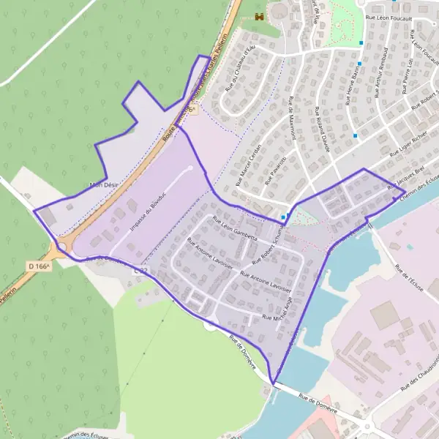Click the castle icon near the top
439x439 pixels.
point(258,17)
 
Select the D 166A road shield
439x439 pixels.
point(39,266)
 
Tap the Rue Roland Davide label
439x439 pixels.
point(322,130)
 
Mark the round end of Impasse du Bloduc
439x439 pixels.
point(191,168)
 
